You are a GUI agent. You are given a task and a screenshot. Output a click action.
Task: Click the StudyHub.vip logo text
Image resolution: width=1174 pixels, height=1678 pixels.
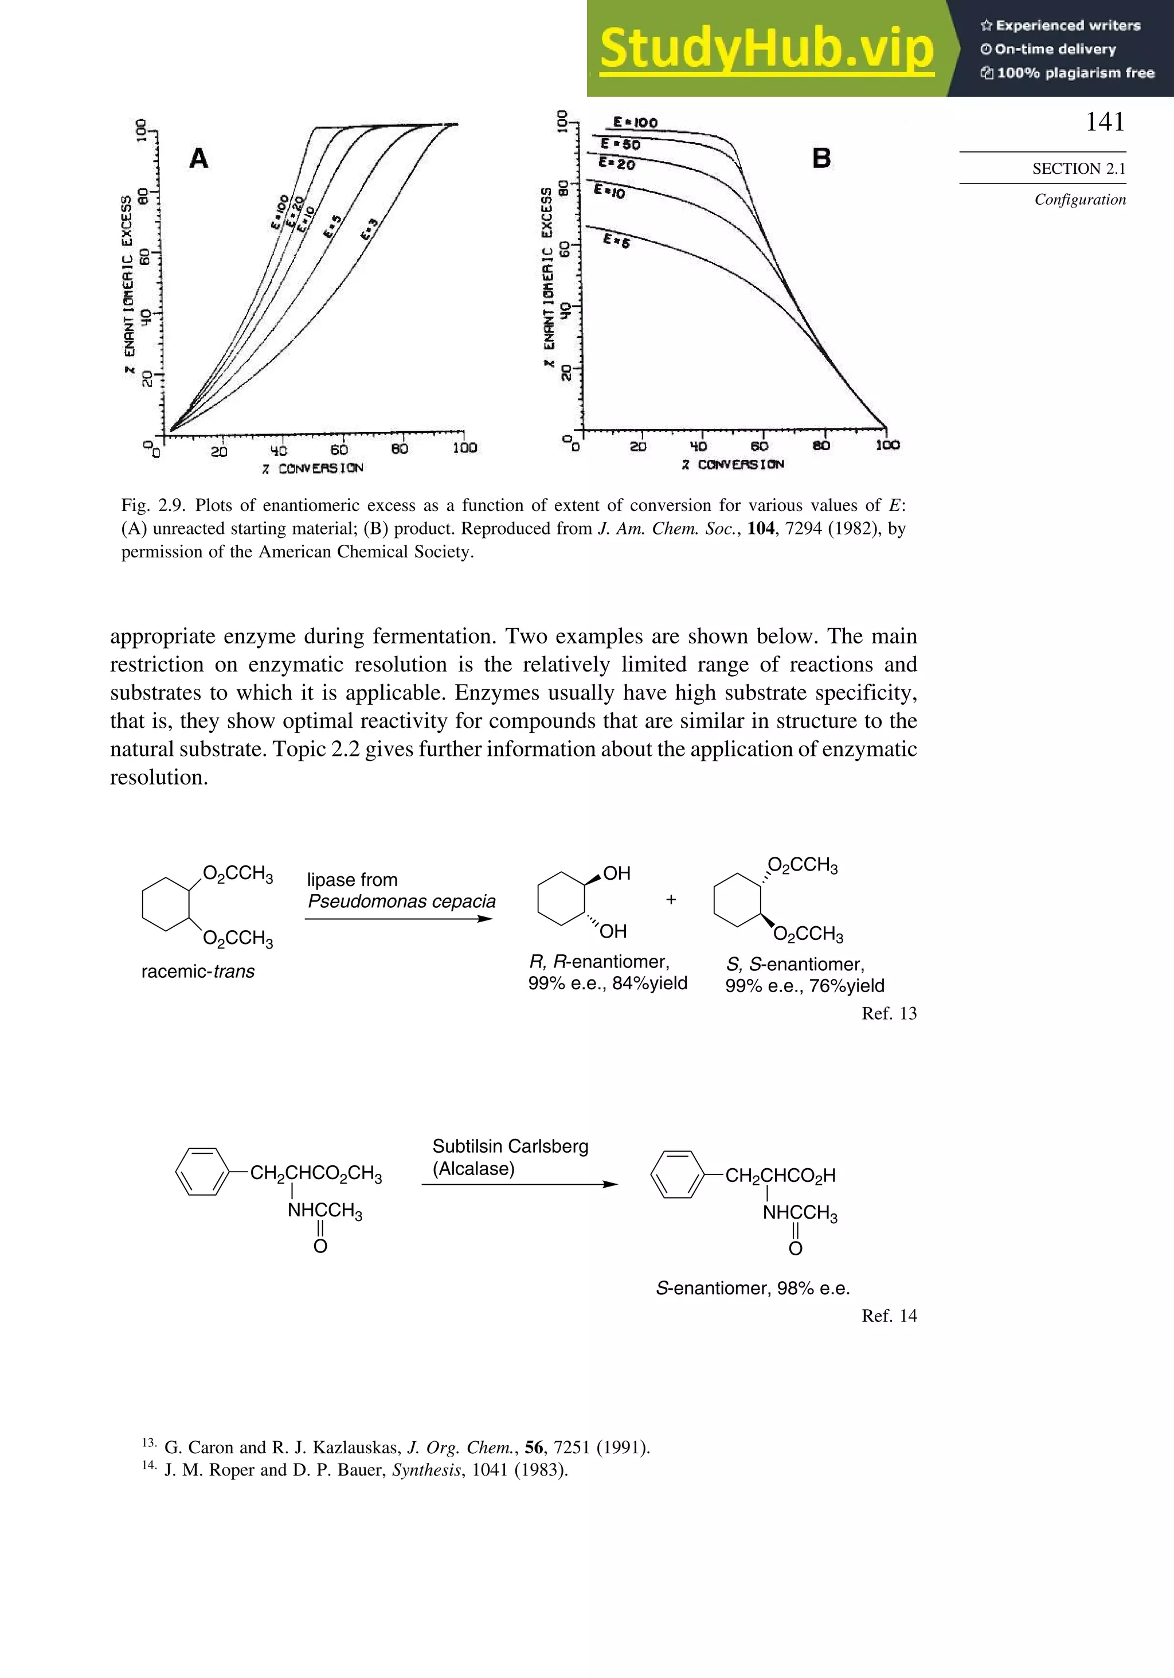766,48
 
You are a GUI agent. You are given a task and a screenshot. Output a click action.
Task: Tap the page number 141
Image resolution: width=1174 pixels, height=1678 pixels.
1105,122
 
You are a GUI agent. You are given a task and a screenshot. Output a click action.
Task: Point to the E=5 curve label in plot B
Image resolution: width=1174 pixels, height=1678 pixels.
616,240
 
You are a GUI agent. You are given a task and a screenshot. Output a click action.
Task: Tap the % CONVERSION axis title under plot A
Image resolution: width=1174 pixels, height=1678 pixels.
312,468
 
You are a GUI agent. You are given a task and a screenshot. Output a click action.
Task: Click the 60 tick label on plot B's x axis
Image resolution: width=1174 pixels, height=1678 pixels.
759,446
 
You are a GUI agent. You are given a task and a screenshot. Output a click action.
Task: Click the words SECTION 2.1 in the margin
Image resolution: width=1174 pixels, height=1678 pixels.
1078,169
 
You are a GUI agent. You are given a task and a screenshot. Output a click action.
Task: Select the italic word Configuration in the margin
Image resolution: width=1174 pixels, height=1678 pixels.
1080,200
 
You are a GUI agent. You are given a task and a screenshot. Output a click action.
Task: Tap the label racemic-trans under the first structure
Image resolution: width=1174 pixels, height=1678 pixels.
197,971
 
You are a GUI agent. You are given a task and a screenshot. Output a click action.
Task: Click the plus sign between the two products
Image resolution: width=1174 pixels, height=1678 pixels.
671,900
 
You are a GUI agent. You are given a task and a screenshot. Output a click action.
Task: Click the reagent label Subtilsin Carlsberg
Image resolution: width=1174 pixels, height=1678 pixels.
510,1146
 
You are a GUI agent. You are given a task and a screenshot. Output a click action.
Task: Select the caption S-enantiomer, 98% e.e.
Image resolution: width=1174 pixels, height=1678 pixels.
753,1289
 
